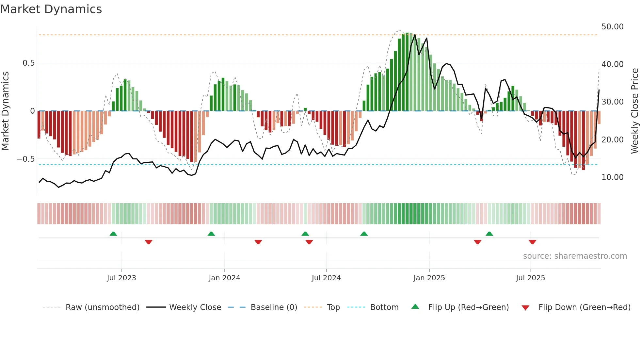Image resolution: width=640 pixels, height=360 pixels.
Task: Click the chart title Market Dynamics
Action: pos(51,9)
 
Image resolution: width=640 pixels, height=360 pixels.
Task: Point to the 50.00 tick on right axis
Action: pos(612,27)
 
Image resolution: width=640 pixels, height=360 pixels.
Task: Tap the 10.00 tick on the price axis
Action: pos(612,177)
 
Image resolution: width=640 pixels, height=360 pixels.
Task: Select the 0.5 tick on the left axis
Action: pos(28,63)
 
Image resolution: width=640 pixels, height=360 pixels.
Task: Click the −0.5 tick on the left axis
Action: pos(26,159)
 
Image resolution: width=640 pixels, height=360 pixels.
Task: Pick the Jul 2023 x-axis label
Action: pos(121,278)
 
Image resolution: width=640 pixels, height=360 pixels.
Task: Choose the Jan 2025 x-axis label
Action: pos(429,278)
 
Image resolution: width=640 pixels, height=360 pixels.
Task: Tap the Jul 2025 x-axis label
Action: pos(530,278)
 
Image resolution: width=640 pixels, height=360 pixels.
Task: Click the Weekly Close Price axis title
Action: pos(634,111)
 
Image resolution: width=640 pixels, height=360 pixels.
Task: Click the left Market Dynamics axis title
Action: pos(5,111)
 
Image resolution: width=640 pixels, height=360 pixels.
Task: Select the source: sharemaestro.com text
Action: pos(575,256)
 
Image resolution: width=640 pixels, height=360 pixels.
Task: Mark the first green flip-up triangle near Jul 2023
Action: pos(113,234)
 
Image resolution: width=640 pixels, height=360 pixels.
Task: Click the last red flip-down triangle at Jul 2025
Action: pos(532,242)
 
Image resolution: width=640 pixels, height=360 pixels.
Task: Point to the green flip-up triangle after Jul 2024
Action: pos(364,234)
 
